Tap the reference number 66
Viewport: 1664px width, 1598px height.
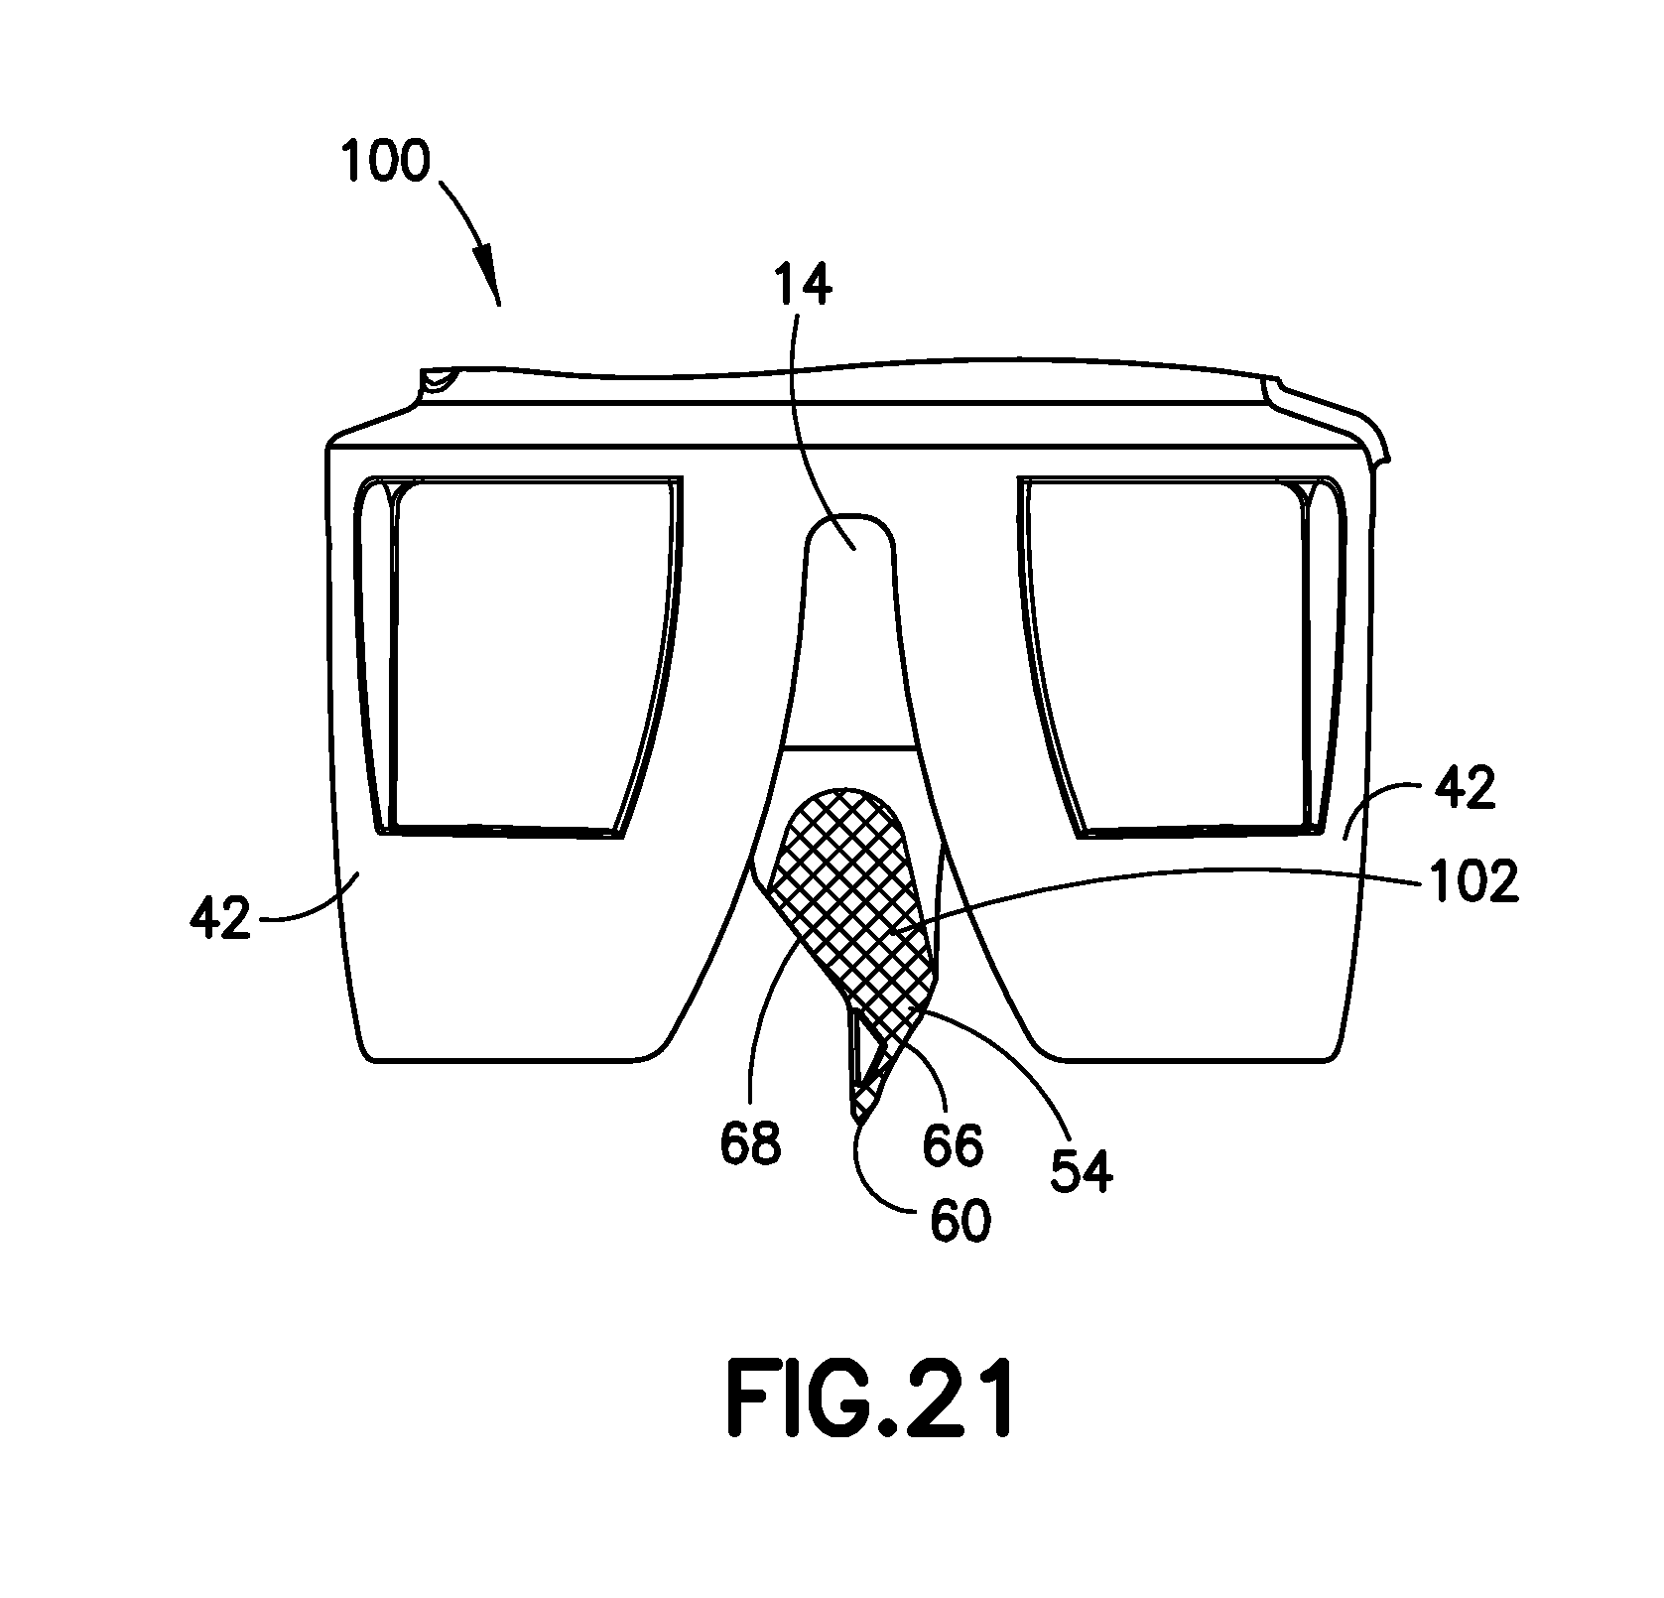[x=953, y=1144]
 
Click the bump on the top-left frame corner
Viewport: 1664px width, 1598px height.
[x=437, y=380]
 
